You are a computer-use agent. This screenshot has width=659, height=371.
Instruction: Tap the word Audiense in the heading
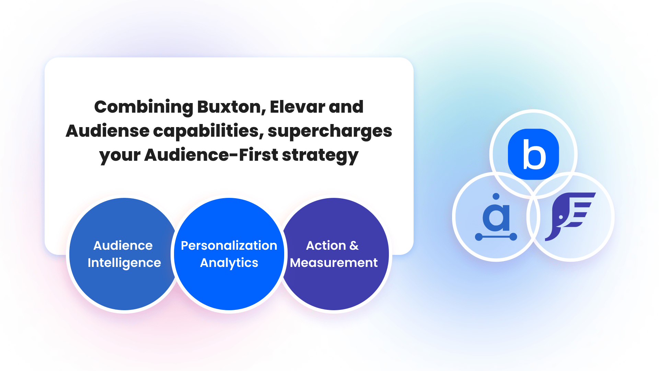pos(107,131)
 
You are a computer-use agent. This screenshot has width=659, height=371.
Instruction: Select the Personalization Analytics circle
pos(229,285)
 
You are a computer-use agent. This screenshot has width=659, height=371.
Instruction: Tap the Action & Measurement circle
pos(335,285)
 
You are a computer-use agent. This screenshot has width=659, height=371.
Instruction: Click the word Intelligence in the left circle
pos(124,263)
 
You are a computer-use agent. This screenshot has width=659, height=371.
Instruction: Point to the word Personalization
pos(229,246)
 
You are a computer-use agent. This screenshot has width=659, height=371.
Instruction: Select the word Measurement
pos(334,263)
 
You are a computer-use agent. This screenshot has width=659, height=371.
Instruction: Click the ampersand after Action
pos(354,246)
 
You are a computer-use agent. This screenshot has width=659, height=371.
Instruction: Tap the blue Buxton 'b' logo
pos(533,154)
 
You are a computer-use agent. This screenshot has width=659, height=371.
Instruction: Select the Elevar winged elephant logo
pos(570,216)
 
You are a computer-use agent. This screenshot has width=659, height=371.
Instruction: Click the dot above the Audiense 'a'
pos(496,196)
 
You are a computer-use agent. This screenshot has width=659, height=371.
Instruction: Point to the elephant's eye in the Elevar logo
pos(560,217)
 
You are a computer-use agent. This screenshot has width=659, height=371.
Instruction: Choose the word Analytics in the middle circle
pos(229,263)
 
